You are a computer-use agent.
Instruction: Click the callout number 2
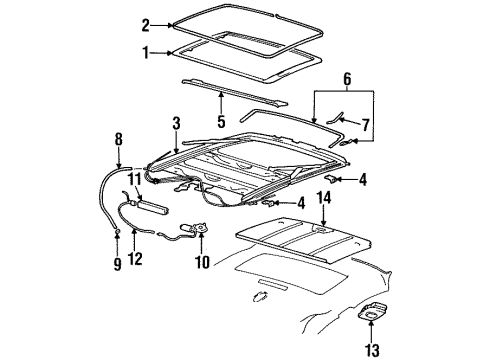point(145,25)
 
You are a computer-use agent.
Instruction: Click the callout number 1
point(145,52)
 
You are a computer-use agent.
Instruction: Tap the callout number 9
point(116,265)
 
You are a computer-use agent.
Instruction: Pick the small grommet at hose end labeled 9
point(118,233)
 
